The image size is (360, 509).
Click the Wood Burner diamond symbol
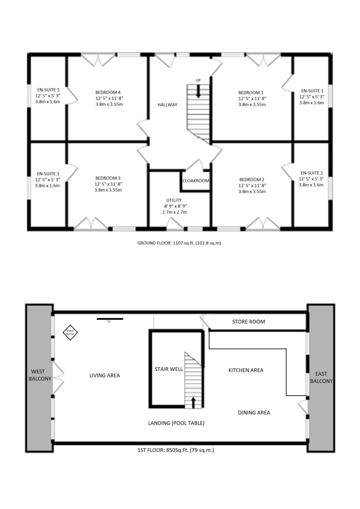[x=70, y=332]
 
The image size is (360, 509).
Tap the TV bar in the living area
[x=110, y=319]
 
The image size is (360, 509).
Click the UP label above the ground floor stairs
[x=198, y=80]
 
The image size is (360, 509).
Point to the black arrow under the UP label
[x=198, y=91]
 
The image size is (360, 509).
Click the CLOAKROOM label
[x=196, y=181]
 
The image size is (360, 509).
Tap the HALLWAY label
[x=167, y=105]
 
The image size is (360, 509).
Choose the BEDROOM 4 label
[x=108, y=92]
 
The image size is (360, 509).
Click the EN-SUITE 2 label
[x=312, y=173]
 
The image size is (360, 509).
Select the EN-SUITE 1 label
[x=312, y=91]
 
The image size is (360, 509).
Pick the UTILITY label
[x=174, y=200]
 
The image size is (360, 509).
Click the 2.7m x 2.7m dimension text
[x=175, y=212]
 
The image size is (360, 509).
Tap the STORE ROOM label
[x=248, y=322]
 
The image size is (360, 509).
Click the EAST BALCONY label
[x=321, y=377]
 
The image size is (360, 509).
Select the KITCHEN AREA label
[x=246, y=370]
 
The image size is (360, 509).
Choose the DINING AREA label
[x=254, y=412]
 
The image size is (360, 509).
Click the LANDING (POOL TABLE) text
[x=176, y=423]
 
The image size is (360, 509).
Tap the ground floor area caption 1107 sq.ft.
[x=179, y=243]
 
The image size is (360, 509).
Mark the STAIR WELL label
[x=169, y=369]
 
